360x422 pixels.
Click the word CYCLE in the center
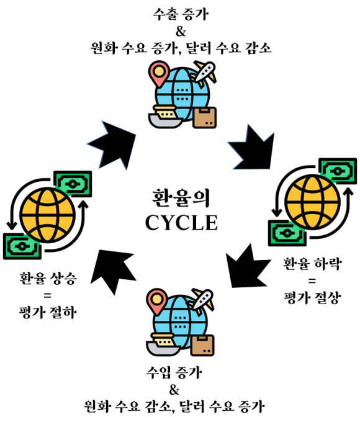(x=181, y=223)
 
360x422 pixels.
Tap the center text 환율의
(x=181, y=198)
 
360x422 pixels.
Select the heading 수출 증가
(x=181, y=14)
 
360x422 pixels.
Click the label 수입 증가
(x=174, y=372)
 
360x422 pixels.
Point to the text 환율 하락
(x=312, y=264)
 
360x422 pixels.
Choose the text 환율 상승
(x=48, y=278)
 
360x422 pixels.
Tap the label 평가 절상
(x=313, y=298)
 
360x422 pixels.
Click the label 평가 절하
(x=48, y=312)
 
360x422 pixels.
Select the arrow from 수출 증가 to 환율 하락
(x=252, y=148)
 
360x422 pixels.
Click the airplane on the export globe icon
(x=205, y=73)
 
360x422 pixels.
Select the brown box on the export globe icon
(x=205, y=118)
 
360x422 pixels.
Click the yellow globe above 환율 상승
(x=48, y=215)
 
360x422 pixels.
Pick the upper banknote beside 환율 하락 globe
(x=338, y=171)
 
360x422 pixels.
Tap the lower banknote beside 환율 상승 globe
(x=22, y=246)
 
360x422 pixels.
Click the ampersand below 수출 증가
(x=181, y=32)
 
